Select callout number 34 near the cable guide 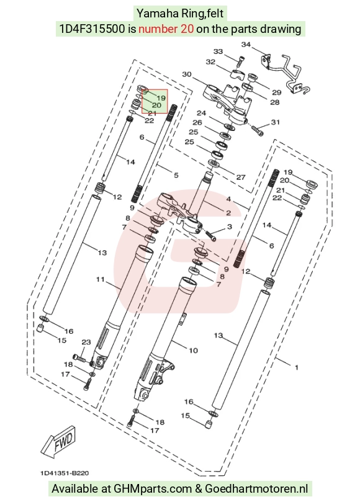[246, 45]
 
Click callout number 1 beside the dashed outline [297, 367]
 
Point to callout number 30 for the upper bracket [187, 74]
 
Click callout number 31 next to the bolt [276, 122]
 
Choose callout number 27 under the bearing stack [241, 177]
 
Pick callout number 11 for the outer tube [101, 279]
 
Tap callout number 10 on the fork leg [193, 350]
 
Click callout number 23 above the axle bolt [86, 342]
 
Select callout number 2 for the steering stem [228, 213]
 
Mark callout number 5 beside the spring [176, 175]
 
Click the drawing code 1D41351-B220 [65, 473]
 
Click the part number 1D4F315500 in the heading [92, 29]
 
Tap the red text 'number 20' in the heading [166, 29]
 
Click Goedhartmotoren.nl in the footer [256, 489]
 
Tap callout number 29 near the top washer [277, 92]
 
